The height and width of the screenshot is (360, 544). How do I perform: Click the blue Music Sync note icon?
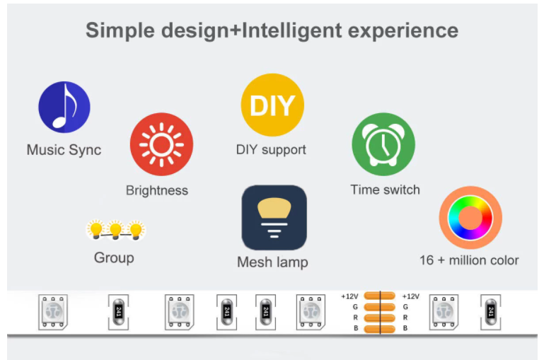point(64,108)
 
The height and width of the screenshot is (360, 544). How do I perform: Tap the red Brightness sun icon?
point(162,144)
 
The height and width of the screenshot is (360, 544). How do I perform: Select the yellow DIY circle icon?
point(272,105)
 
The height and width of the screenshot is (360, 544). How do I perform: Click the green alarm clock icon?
point(383,144)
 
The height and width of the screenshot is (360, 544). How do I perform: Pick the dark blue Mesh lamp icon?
point(274,217)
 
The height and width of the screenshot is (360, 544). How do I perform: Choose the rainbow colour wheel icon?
point(470,218)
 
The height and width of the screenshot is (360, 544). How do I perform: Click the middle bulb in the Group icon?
point(115,230)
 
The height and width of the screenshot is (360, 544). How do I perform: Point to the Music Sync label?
point(64,150)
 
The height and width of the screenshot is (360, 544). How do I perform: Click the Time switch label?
point(385,190)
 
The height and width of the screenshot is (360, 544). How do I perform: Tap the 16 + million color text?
point(469,260)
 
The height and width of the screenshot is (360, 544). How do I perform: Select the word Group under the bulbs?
point(114,257)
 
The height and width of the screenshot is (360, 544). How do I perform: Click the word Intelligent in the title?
point(291,30)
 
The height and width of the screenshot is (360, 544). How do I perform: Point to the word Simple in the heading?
point(120,30)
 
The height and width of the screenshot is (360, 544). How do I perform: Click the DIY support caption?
point(271,149)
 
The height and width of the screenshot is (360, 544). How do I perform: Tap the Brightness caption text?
point(157,190)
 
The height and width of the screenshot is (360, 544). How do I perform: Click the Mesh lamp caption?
point(272,262)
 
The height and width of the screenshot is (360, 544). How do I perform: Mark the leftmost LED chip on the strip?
point(53,311)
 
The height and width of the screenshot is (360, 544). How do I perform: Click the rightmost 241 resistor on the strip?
point(490,312)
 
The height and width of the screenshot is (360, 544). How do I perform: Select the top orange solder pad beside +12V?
point(380,296)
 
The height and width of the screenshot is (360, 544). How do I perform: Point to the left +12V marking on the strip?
point(349,296)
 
